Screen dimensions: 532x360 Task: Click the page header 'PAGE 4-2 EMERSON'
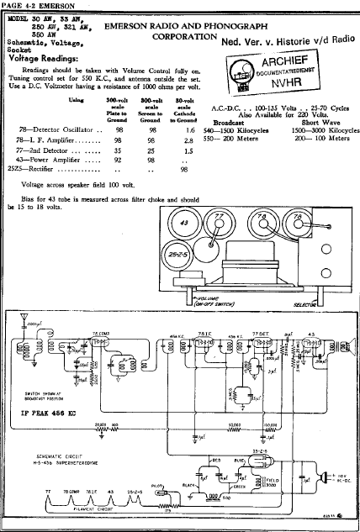[x=30, y=6]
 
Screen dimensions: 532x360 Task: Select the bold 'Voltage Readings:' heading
[x=45, y=58]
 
